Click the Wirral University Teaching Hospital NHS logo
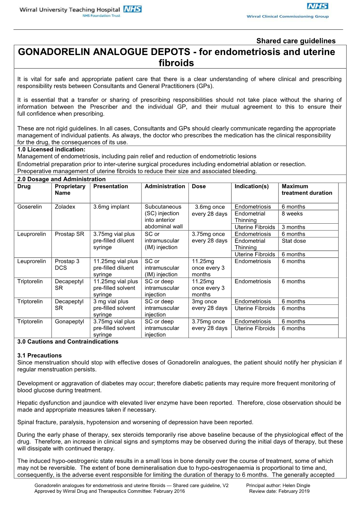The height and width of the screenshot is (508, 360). (x=80, y=11)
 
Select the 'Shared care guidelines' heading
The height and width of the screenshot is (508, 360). (x=296, y=41)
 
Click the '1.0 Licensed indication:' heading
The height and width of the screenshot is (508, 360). (x=51, y=150)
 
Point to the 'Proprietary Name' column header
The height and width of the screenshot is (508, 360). (x=70, y=189)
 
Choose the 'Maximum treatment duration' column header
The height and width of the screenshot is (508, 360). (x=307, y=189)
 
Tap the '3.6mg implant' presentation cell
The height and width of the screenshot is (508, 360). (x=111, y=207)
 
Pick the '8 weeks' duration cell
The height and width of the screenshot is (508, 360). (x=292, y=213)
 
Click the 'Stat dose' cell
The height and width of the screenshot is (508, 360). (x=294, y=241)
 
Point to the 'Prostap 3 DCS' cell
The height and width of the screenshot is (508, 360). (x=67, y=264)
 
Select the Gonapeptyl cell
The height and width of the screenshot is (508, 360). (x=70, y=321)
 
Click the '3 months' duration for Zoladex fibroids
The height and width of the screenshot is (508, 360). (x=293, y=227)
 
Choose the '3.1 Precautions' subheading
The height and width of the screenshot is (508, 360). (x=40, y=355)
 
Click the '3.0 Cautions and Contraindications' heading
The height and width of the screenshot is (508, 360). (x=68, y=341)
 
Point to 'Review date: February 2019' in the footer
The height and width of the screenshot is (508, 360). (x=279, y=491)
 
